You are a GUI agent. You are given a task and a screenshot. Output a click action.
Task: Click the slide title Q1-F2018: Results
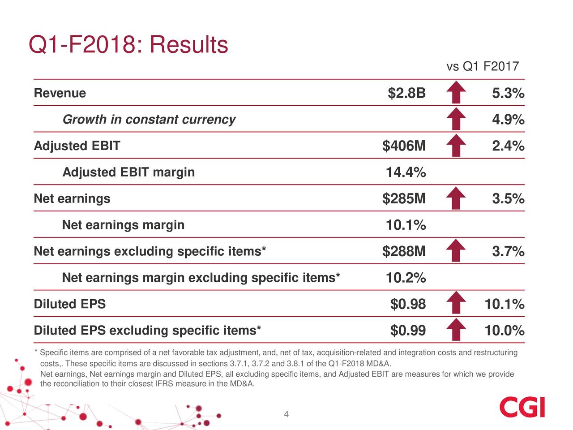pyautogui.click(x=128, y=45)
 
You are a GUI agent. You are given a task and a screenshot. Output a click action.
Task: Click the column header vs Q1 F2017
pyautogui.click(x=482, y=67)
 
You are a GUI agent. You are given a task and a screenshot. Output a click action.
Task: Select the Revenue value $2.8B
pyautogui.click(x=406, y=94)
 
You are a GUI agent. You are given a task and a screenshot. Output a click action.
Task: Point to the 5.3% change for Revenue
pyautogui.click(x=508, y=94)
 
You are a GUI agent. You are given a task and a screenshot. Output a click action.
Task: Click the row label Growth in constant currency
pyautogui.click(x=149, y=120)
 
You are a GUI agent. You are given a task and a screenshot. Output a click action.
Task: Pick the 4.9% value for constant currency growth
pyautogui.click(x=508, y=120)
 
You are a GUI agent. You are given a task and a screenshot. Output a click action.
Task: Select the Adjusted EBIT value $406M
pyautogui.click(x=404, y=146)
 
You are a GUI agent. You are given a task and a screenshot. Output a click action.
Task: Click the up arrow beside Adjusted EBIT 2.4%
pyautogui.click(x=456, y=146)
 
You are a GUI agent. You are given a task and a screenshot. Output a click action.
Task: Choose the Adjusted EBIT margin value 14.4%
pyautogui.click(x=406, y=172)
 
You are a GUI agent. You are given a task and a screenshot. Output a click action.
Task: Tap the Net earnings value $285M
pyautogui.click(x=404, y=199)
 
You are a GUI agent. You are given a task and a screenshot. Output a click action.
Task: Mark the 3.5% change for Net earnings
pyautogui.click(x=508, y=199)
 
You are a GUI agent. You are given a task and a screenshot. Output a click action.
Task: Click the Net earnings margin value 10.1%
pyautogui.click(x=406, y=225)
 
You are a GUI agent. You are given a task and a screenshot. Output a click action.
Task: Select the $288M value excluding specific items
pyautogui.click(x=404, y=252)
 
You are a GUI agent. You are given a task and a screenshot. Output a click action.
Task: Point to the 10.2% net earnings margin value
pyautogui.click(x=406, y=278)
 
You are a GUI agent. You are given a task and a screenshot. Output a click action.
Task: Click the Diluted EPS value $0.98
pyautogui.click(x=408, y=305)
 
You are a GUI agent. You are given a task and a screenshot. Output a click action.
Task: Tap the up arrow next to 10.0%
pyautogui.click(x=456, y=331)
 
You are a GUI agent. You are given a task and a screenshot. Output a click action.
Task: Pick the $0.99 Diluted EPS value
pyautogui.click(x=408, y=331)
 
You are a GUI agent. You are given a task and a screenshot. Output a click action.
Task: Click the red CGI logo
pyautogui.click(x=522, y=407)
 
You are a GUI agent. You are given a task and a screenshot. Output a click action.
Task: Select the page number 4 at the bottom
pyautogui.click(x=286, y=414)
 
